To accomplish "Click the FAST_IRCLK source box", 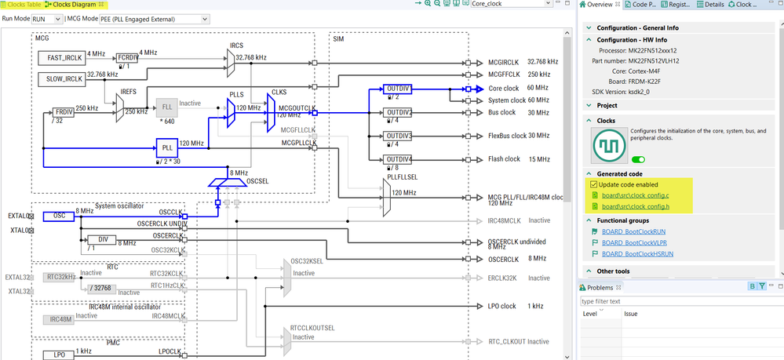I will point(60,57).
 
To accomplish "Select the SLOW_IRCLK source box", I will point(60,78).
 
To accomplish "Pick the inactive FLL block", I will point(166,107).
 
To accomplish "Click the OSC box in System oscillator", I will point(59,216).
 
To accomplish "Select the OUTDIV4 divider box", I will point(399,160).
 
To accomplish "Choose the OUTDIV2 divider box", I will point(399,113).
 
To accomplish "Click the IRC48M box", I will point(60,319).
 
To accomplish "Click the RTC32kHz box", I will point(60,276).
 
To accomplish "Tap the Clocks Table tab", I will point(23,5).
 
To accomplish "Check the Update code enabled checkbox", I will point(594,184).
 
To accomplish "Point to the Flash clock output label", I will point(504,159).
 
